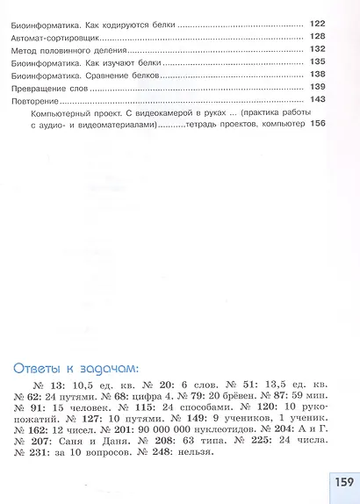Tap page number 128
(318, 36)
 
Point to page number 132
(318, 49)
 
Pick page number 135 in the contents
(318, 62)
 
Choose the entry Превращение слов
(48, 88)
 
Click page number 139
(318, 88)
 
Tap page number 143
(318, 100)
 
